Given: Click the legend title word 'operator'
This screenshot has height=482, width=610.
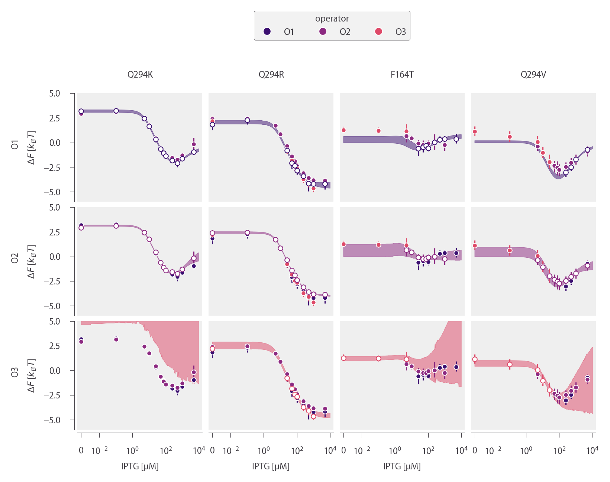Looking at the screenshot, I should (x=332, y=19).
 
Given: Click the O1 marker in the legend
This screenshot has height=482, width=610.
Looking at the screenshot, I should (x=267, y=32).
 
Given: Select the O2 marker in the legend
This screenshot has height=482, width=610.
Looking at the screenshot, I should (x=323, y=32).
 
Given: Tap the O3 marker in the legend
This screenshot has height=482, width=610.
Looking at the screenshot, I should (x=378, y=32).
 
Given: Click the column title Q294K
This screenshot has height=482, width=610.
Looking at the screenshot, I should (x=140, y=75).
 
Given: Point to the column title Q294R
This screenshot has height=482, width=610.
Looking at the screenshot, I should (x=271, y=75).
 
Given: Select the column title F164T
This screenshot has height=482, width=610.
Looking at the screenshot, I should (x=402, y=75).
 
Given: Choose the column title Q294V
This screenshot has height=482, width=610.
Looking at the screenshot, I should (x=533, y=75).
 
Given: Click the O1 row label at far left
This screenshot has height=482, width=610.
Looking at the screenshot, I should (x=15, y=144).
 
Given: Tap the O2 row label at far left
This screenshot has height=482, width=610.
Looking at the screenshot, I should (x=15, y=258).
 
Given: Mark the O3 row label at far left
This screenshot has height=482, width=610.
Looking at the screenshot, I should (x=15, y=372).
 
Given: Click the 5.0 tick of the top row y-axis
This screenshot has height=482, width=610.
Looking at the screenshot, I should (x=54, y=94).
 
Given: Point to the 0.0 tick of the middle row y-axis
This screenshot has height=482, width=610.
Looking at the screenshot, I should (x=54, y=257).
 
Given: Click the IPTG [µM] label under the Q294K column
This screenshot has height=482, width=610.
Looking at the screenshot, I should (x=140, y=466).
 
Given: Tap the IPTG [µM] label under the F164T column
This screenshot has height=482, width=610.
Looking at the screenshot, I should (x=402, y=466).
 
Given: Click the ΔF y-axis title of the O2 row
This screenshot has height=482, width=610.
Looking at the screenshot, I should (x=32, y=261).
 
